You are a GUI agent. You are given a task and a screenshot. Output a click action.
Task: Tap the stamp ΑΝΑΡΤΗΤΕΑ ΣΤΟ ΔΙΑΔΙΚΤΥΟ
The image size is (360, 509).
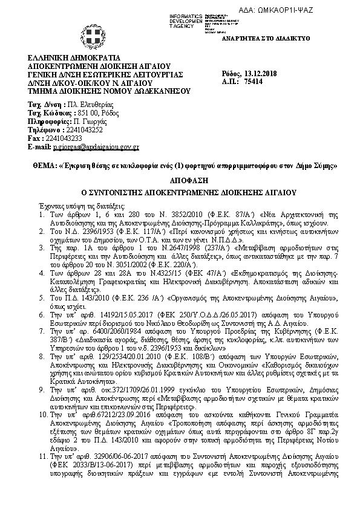275,38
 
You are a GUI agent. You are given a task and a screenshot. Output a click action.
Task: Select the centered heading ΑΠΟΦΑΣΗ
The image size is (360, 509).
180,180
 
